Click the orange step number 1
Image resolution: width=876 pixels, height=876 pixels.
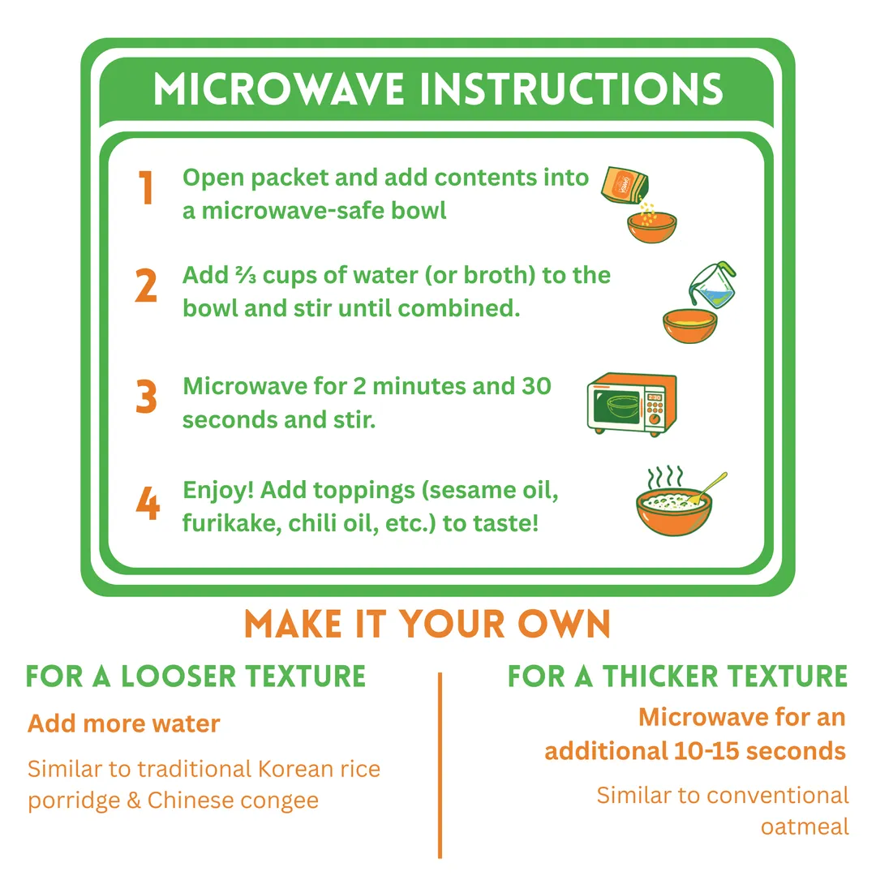(146, 187)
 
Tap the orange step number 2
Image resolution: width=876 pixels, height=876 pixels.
(146, 286)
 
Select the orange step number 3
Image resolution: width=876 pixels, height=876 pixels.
(146, 397)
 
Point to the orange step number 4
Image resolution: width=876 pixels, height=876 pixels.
(148, 503)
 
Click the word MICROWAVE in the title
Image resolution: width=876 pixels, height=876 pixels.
(279, 89)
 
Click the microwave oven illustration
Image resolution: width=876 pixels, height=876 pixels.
(632, 403)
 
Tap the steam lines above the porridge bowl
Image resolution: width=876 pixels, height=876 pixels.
(665, 477)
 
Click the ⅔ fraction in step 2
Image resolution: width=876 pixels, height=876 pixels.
(246, 275)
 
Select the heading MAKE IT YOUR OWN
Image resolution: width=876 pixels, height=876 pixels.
(427, 624)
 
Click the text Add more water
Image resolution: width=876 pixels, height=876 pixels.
(124, 724)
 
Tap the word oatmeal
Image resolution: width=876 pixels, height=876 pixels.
(805, 827)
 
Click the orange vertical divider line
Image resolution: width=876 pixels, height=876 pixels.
(440, 766)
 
